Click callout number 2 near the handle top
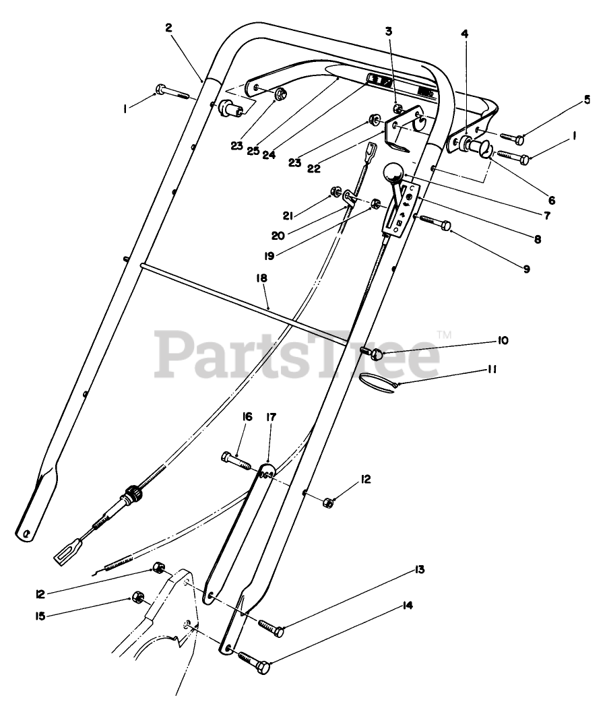point(168,28)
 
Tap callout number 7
point(546,216)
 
